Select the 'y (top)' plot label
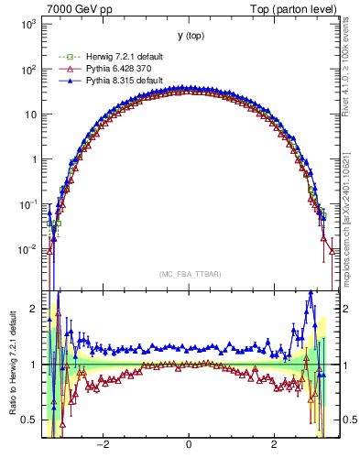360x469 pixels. click(x=190, y=36)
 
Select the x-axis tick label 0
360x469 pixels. click(x=189, y=444)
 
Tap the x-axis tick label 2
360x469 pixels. click(x=274, y=444)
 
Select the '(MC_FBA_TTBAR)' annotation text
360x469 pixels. click(x=190, y=275)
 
